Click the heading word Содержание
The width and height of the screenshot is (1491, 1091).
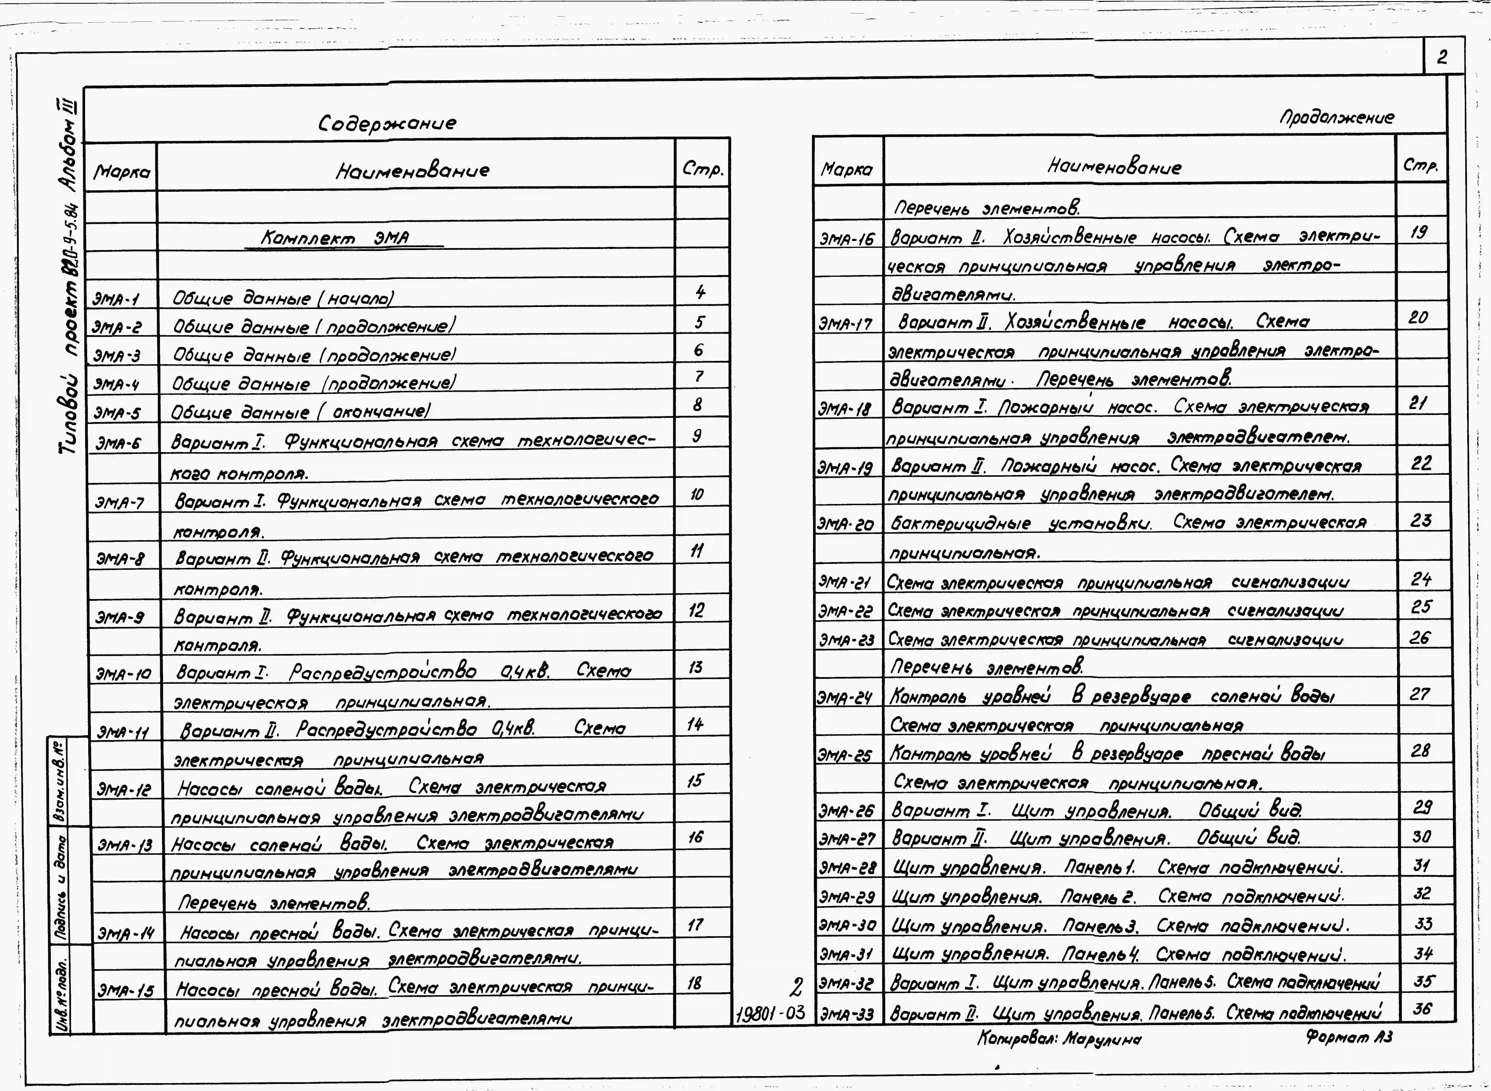[387, 124]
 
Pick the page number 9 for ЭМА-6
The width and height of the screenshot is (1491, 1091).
[698, 435]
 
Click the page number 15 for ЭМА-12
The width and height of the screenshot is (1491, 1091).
[695, 781]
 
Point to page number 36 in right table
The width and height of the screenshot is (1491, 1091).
[1422, 1009]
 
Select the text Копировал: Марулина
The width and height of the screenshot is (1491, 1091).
[1059, 1039]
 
